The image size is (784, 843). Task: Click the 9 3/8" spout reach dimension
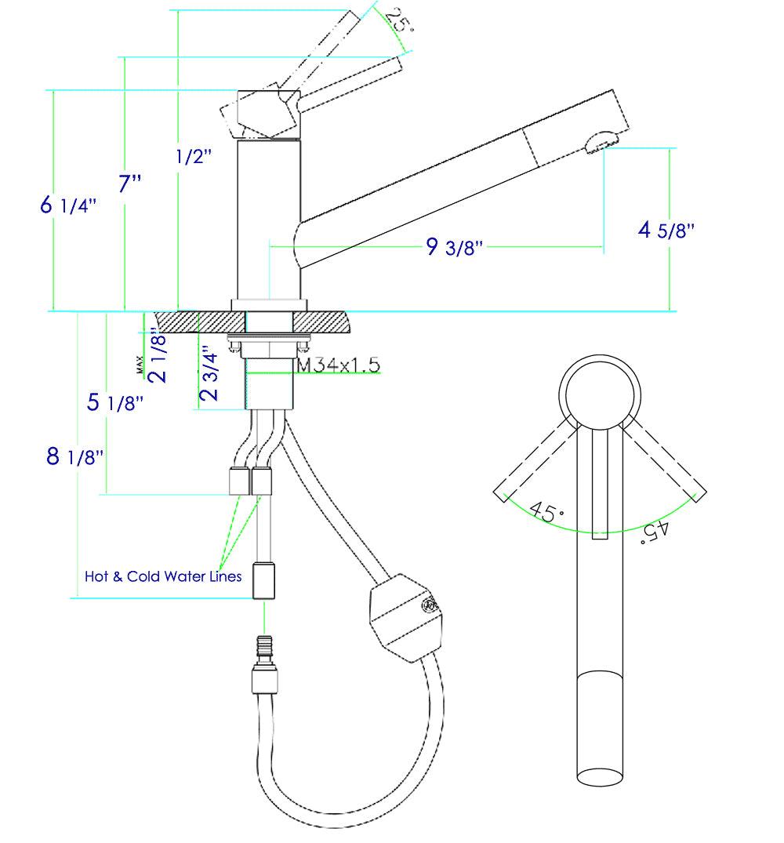tap(455, 248)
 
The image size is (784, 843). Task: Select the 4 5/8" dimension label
tap(667, 231)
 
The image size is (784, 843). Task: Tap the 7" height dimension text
tap(130, 185)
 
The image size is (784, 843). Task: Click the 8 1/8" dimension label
tap(75, 456)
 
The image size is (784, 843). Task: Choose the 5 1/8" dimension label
tap(114, 403)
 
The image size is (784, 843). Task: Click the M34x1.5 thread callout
tap(337, 365)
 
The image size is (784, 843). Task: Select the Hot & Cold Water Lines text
tap(163, 576)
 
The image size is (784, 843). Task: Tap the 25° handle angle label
tap(399, 22)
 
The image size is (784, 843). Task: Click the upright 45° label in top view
tap(546, 512)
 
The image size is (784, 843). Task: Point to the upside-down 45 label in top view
tap(655, 531)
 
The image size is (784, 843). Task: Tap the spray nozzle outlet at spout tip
tap(600, 142)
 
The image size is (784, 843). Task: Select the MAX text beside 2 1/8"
tap(139, 364)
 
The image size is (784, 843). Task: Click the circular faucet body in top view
tap(600, 392)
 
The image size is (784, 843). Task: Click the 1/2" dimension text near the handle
tap(194, 157)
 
